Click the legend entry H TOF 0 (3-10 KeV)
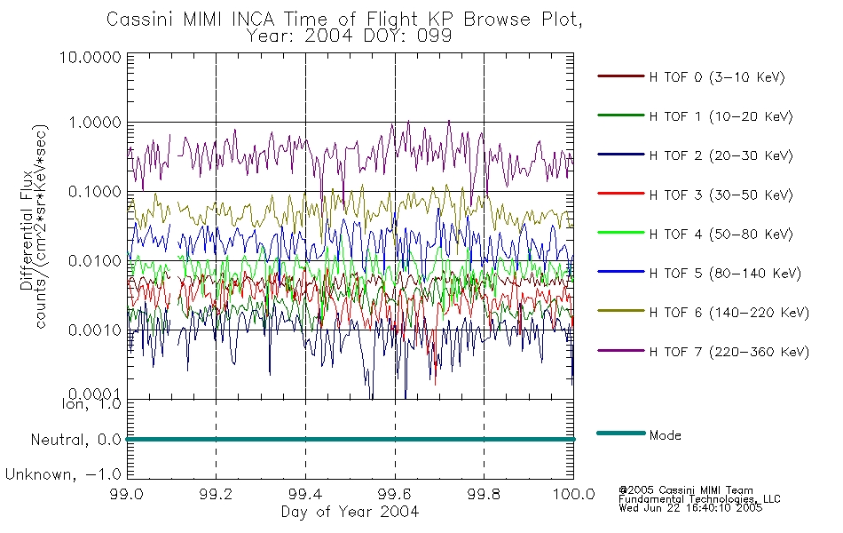(x=717, y=77)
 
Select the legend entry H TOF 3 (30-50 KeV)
(x=721, y=195)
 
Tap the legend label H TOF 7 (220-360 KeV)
(x=729, y=352)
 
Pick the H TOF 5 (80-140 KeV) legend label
(x=725, y=274)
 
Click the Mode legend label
(x=665, y=435)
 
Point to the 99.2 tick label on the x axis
(x=217, y=494)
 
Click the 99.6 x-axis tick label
(x=395, y=494)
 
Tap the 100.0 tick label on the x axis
(x=574, y=494)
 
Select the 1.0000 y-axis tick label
(x=95, y=123)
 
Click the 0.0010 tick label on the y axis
(x=95, y=330)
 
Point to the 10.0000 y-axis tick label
(x=91, y=57)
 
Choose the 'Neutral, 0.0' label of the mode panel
(x=76, y=440)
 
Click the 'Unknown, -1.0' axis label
(x=63, y=474)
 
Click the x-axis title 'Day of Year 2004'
(x=350, y=512)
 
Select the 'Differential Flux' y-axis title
(x=27, y=230)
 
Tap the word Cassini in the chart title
(x=140, y=20)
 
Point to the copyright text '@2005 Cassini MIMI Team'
(x=686, y=490)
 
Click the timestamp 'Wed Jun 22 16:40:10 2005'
(x=690, y=508)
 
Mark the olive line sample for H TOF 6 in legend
(x=621, y=311)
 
